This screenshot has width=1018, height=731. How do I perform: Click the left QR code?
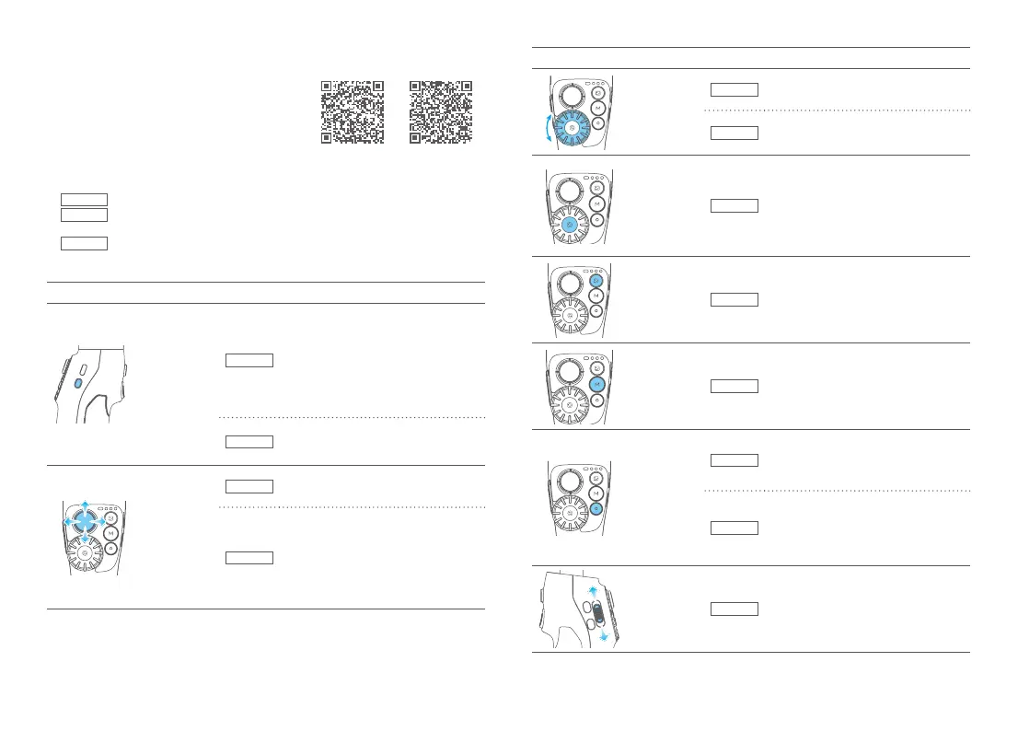[x=353, y=111]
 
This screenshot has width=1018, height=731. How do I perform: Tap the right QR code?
[x=441, y=111]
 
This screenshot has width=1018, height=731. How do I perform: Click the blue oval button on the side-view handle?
[x=78, y=382]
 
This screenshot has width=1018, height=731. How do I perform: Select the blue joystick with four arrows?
[x=85, y=521]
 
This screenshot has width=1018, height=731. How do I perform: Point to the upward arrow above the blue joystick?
[x=85, y=504]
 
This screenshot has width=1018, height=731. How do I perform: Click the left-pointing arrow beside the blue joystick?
[x=66, y=521]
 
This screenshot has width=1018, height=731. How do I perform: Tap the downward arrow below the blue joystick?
[x=85, y=540]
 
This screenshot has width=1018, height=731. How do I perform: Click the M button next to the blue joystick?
[x=110, y=533]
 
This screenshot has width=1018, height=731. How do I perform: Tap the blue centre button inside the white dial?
[x=571, y=223]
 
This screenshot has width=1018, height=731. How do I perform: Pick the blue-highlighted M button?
[x=597, y=384]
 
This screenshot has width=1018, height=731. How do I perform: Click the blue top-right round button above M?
[x=597, y=280]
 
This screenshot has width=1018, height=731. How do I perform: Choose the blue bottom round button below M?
[x=597, y=508]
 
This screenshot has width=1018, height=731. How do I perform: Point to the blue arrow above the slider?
[x=593, y=590]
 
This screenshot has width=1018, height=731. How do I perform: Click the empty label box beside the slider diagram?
[x=734, y=609]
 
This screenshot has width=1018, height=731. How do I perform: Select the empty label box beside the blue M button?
[x=734, y=385]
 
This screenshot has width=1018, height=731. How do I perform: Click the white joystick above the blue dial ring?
[x=571, y=95]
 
